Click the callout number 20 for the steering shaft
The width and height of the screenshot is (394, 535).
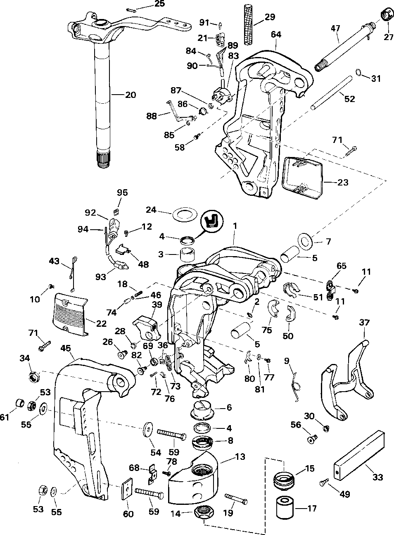pos(130,95)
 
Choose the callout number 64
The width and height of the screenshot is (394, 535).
pos(276,35)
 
